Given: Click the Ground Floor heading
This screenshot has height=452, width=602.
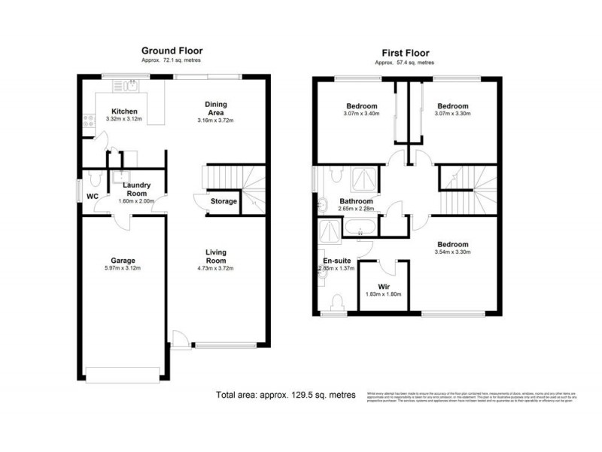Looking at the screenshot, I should (x=172, y=50).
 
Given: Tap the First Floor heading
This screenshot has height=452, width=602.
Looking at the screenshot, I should (x=405, y=53).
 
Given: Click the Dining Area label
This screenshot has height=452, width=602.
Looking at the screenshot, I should (x=217, y=108).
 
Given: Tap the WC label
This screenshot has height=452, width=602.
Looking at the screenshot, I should (x=93, y=197).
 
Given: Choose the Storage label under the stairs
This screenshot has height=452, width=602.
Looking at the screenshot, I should (x=223, y=201).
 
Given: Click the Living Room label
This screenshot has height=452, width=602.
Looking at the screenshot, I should (x=217, y=257).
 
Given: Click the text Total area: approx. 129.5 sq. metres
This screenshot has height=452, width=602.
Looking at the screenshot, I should (x=285, y=395).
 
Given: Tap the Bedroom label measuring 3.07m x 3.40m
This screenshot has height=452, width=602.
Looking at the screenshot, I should (x=362, y=106).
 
